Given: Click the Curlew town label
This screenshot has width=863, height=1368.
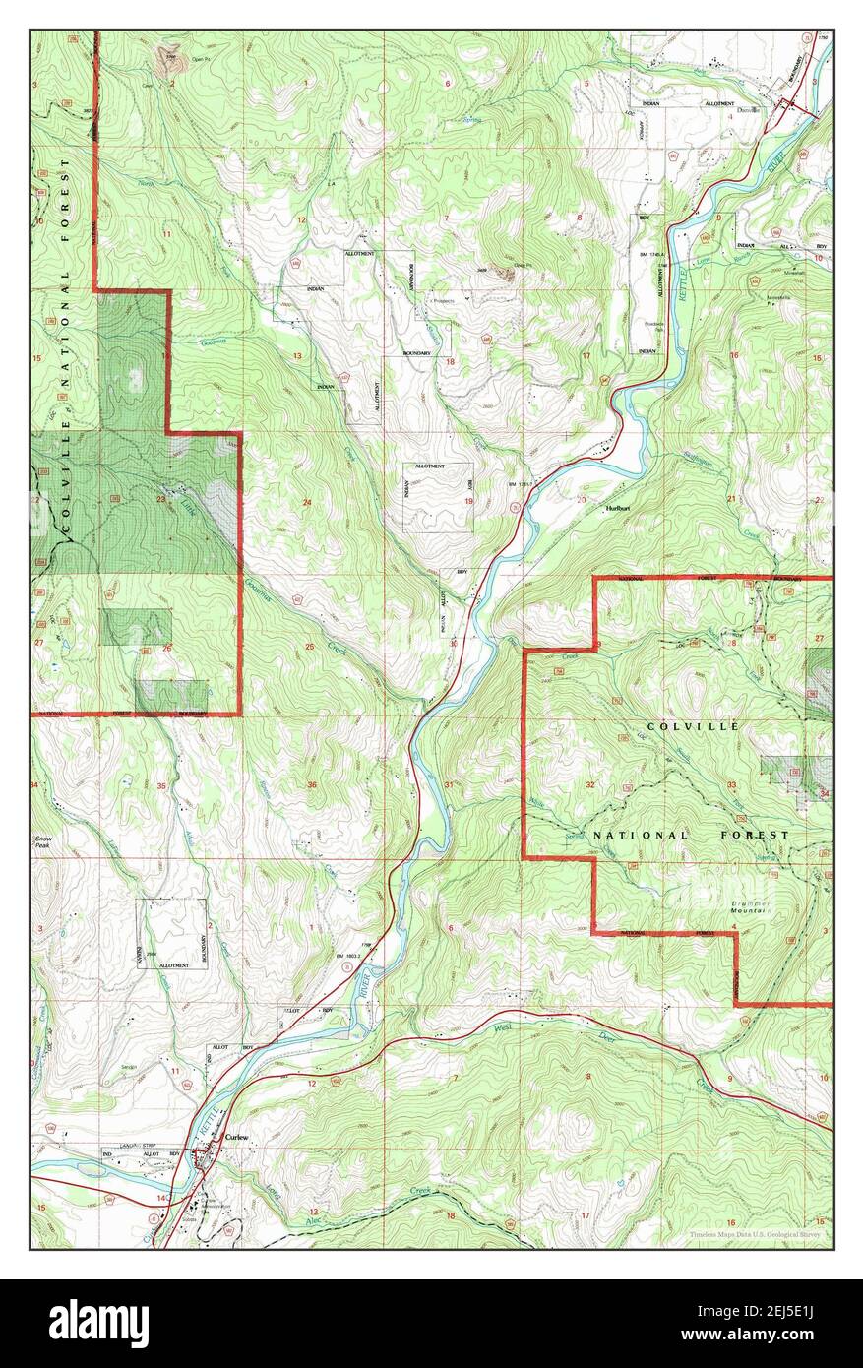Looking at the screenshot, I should coord(238,1137).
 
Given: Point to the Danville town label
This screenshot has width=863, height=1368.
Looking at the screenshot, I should coord(750,111).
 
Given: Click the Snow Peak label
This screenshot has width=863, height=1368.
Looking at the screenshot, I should coord(44,842).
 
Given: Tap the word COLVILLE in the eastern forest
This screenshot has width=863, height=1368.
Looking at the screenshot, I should coord(678,725).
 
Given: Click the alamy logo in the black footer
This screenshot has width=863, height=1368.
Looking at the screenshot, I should coord(98,1324).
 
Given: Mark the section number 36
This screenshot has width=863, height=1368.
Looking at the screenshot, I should coord(312,784).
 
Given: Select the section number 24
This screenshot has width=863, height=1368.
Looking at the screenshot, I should coord(307,503).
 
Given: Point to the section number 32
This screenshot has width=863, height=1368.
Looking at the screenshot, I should coord(590,784).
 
